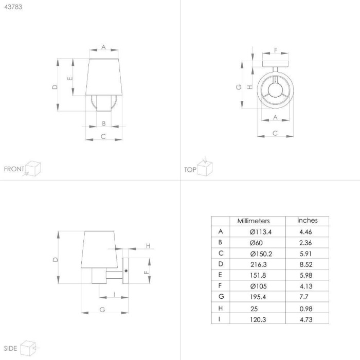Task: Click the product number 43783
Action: tap(13, 7)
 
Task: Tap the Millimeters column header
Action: tap(254, 221)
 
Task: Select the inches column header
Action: tap(308, 221)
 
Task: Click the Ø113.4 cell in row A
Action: tap(261, 232)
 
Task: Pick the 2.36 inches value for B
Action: tap(305, 243)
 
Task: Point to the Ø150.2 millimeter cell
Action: tap(261, 254)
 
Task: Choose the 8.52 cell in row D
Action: tap(306, 264)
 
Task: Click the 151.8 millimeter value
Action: tap(258, 275)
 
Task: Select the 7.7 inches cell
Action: tap(303, 297)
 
